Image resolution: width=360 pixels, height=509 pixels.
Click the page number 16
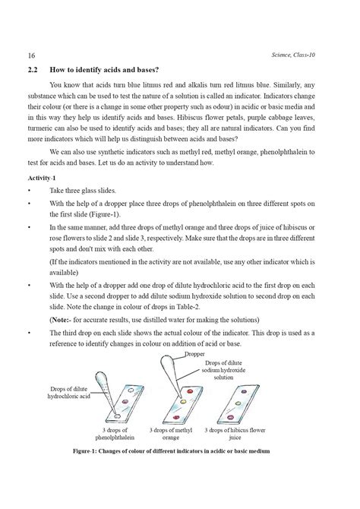[31, 55]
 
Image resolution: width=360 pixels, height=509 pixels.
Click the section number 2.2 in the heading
[33, 68]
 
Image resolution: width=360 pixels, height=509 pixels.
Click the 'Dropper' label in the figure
[194, 354]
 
